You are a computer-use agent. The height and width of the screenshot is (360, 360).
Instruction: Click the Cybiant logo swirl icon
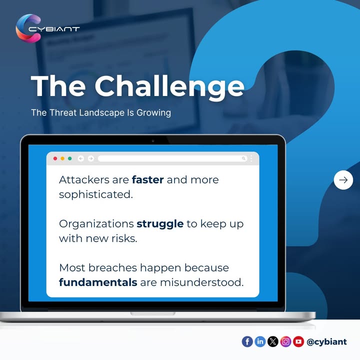point(25,28)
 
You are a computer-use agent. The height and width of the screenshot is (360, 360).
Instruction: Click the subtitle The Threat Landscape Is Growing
point(101,112)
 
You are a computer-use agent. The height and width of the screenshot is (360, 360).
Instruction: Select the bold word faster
point(147,179)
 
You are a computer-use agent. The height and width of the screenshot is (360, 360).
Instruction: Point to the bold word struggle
point(160,223)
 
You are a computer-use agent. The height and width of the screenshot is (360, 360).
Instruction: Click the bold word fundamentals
point(98,282)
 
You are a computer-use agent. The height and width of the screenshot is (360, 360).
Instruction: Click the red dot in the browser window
point(55,158)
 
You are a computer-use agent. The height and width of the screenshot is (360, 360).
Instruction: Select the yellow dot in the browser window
point(62,158)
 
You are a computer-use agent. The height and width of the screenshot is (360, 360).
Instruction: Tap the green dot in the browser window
point(70,158)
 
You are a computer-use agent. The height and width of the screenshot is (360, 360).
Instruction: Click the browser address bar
point(170,158)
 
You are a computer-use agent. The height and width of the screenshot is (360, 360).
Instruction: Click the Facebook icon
point(247,341)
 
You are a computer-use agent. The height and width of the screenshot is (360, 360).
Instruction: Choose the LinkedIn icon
point(260,341)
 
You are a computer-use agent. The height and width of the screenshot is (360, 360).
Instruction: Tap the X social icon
point(273,341)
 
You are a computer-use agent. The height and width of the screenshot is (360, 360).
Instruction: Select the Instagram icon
point(285,341)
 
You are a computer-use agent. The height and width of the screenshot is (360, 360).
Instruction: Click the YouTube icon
point(298,341)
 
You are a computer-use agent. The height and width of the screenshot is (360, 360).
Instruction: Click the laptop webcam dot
point(153,141)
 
